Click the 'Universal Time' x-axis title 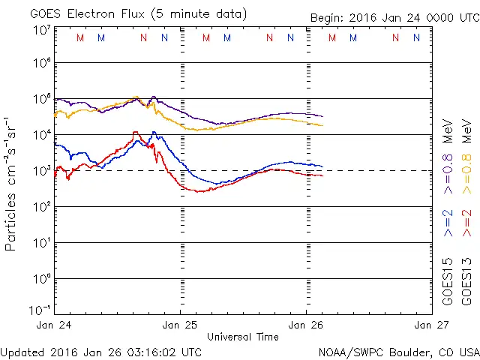pos(243,337)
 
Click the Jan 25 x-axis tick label pos(181,325)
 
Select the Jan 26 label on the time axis pos(306,325)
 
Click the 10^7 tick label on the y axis pos(41,30)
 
